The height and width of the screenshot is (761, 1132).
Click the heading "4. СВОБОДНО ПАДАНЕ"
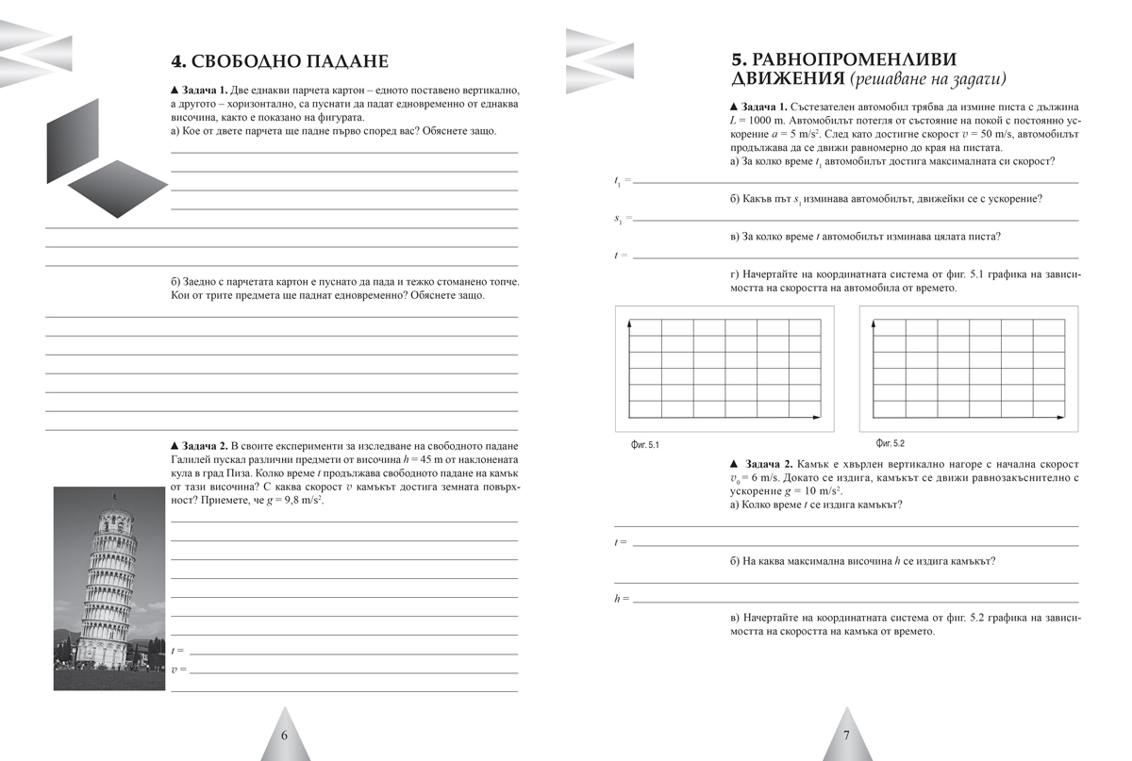279,61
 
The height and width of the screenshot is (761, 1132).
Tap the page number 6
285,736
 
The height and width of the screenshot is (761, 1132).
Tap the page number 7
846,736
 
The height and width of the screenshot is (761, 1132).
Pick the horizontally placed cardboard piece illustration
117,188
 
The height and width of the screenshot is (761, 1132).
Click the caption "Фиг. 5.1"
645,444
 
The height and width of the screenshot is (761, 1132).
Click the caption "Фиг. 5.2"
890,442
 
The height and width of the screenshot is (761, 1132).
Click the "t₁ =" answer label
622,180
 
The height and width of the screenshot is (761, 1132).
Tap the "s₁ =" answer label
623,219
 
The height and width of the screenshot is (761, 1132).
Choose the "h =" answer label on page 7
621,599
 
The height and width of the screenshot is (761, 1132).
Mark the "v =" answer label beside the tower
178,670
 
